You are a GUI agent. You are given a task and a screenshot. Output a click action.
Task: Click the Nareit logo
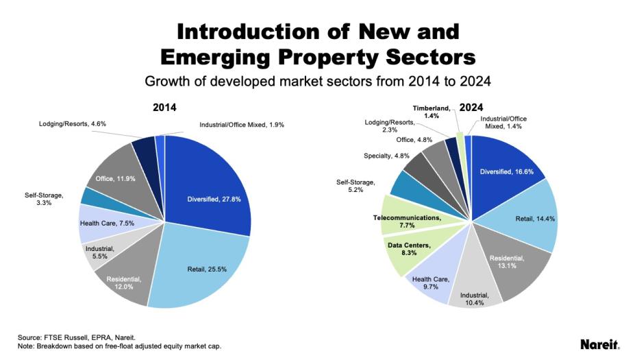600,344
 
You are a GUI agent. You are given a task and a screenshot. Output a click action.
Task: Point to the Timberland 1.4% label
432,112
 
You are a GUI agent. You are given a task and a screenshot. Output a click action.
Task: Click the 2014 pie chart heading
164,108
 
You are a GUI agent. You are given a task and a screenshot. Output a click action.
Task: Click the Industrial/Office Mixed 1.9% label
241,125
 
